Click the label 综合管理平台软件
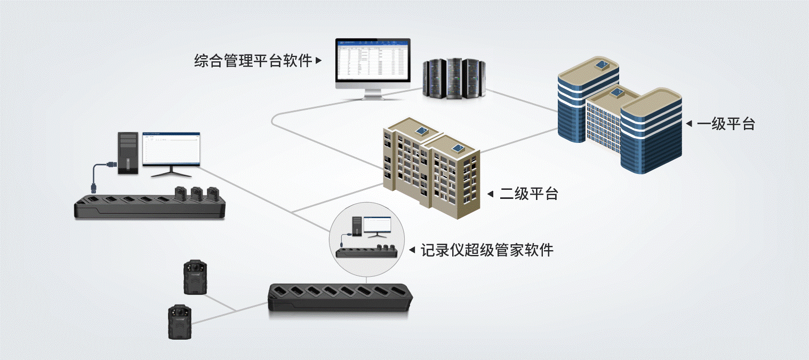(253, 61)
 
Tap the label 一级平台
(726, 124)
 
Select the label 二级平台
(528, 194)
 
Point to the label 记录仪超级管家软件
(487, 250)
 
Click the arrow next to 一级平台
(688, 124)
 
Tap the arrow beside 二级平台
(491, 194)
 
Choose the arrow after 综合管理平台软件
(319, 61)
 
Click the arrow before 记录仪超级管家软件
(412, 250)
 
